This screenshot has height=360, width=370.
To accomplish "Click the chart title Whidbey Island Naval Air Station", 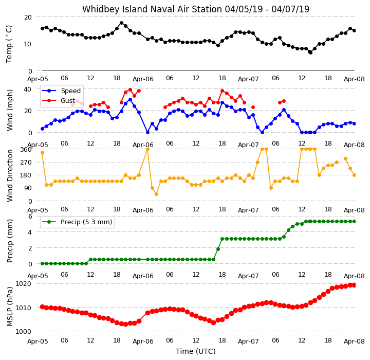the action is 152,9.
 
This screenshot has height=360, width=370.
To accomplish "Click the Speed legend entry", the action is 61,91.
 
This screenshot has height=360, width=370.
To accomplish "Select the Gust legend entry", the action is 59,101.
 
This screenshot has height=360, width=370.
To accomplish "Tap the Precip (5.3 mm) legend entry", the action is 77,222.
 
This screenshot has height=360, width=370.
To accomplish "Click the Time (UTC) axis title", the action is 196,351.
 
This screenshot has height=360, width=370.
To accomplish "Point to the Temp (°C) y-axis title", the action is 9,44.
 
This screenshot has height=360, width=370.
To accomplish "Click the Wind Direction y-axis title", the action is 10,175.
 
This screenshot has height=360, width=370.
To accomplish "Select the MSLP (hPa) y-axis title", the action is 10,307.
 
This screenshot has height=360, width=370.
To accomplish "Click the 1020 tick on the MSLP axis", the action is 23,284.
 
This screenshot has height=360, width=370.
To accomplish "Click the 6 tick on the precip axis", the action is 30,217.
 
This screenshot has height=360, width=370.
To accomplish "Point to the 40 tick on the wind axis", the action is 28,89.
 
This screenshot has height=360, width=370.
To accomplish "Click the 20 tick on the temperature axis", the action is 28,17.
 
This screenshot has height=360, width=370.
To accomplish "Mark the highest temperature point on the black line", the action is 121,23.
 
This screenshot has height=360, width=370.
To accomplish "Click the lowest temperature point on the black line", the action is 310,52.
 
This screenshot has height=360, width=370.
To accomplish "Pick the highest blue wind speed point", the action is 130,100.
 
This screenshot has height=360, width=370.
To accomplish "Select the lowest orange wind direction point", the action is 156,194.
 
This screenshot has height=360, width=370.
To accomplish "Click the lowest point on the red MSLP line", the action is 125,325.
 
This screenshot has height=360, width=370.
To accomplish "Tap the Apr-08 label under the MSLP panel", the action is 354,341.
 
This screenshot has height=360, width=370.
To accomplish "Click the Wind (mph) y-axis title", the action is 10,111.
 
